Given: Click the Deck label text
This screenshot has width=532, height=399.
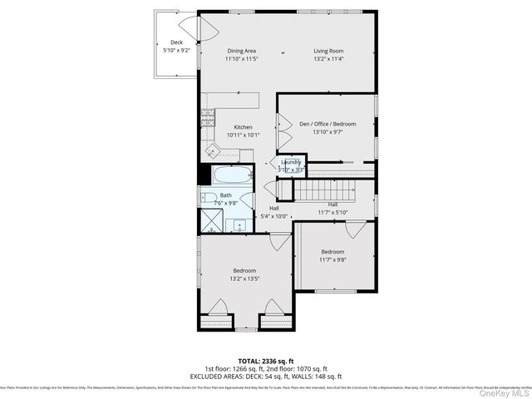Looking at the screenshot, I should pyautogui.click(x=176, y=42).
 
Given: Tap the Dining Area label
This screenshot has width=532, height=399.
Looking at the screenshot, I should pyautogui.click(x=241, y=51).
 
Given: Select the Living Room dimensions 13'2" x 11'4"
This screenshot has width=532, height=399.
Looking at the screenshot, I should pyautogui.click(x=328, y=59).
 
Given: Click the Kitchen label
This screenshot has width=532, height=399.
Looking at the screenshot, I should pyautogui.click(x=243, y=127).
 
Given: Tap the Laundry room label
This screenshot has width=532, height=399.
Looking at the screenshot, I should pyautogui.click(x=292, y=162).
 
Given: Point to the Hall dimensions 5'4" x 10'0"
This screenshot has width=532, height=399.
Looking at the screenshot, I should pyautogui.click(x=273, y=216).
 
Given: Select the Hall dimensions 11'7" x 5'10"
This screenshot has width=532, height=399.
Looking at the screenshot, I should pyautogui.click(x=332, y=212).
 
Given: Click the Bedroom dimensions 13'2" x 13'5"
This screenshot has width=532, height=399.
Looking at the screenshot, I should pyautogui.click(x=244, y=278).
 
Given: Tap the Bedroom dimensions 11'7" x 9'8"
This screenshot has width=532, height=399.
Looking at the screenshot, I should pyautogui.click(x=332, y=259).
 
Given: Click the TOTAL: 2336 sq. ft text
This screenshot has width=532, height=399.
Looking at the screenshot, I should pyautogui.click(x=265, y=361).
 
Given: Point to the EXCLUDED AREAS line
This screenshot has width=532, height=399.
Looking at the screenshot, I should pyautogui.click(x=265, y=377).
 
